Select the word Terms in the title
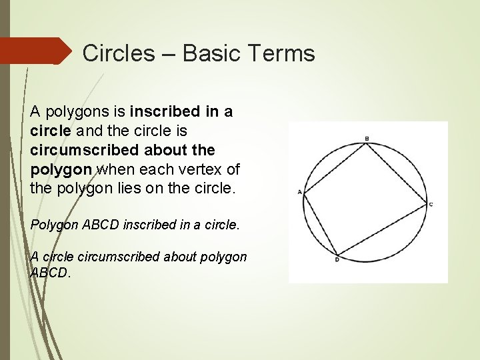click(x=283, y=53)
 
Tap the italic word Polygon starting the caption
click(x=55, y=225)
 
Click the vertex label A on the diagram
click(x=299, y=192)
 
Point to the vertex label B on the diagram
click(x=366, y=139)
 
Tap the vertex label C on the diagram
click(x=431, y=205)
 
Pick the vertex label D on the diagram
click(x=337, y=260)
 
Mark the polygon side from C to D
click(x=382, y=229)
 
